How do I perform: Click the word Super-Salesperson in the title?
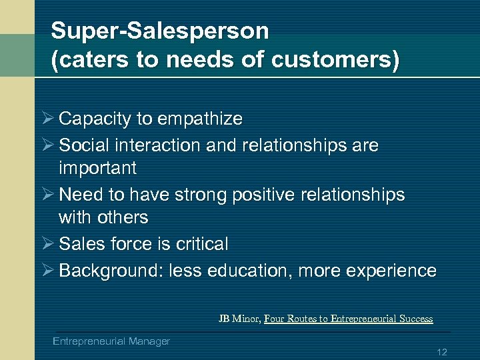click(160, 31)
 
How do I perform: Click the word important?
click(97, 167)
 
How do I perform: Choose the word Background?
click(110, 271)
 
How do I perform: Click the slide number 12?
click(441, 352)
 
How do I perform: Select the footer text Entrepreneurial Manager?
click(111, 341)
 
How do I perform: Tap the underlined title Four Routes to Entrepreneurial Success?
click(348, 319)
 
